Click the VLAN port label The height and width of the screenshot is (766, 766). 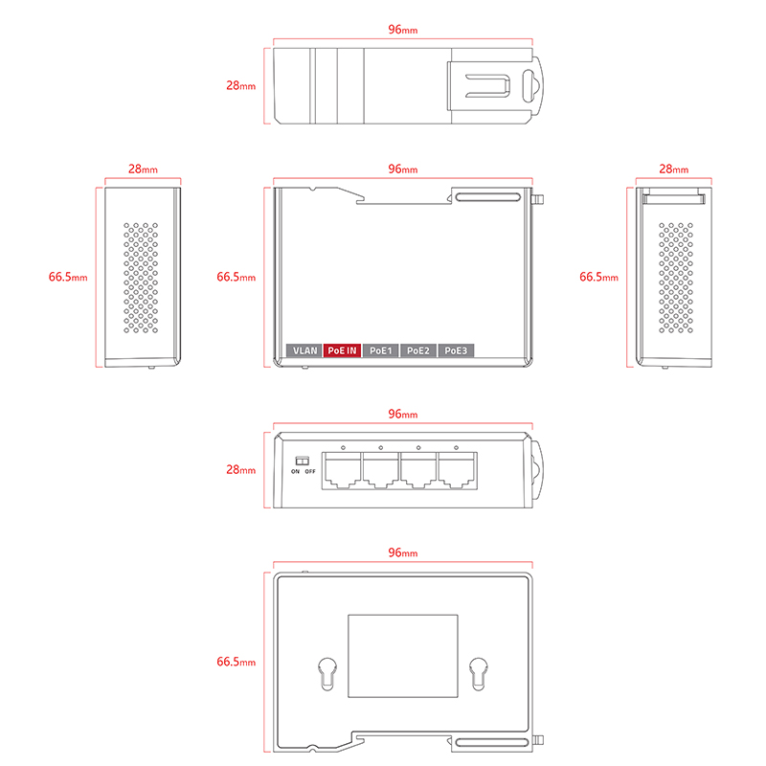pyautogui.click(x=305, y=350)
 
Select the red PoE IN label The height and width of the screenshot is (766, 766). pyautogui.click(x=342, y=350)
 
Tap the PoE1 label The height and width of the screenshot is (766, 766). pyautogui.click(x=380, y=350)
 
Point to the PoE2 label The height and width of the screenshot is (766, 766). pyautogui.click(x=418, y=350)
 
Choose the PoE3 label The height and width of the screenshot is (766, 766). pyautogui.click(x=456, y=350)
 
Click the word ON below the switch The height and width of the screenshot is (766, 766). pyautogui.click(x=295, y=472)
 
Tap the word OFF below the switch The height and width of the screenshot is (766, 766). pyautogui.click(x=309, y=472)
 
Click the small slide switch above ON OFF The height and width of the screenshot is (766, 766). pyautogui.click(x=302, y=461)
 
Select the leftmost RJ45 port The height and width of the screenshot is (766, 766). pyautogui.click(x=342, y=468)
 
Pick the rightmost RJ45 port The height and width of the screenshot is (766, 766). pyautogui.click(x=457, y=468)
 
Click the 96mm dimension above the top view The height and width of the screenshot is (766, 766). pyautogui.click(x=402, y=30)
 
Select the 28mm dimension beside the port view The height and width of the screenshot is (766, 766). pyautogui.click(x=240, y=470)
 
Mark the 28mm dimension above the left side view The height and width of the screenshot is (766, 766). pyautogui.click(x=142, y=169)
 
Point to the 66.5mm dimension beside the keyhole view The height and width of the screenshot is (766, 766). pyautogui.click(x=236, y=662)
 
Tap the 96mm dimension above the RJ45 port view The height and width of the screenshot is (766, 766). pyautogui.click(x=402, y=415)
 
